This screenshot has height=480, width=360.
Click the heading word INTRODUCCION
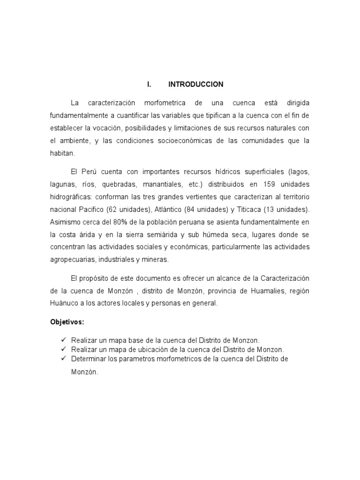(195, 84)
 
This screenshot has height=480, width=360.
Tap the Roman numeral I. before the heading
(149, 84)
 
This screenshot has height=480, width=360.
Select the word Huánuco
(64, 303)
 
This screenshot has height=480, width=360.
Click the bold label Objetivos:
(67, 322)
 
